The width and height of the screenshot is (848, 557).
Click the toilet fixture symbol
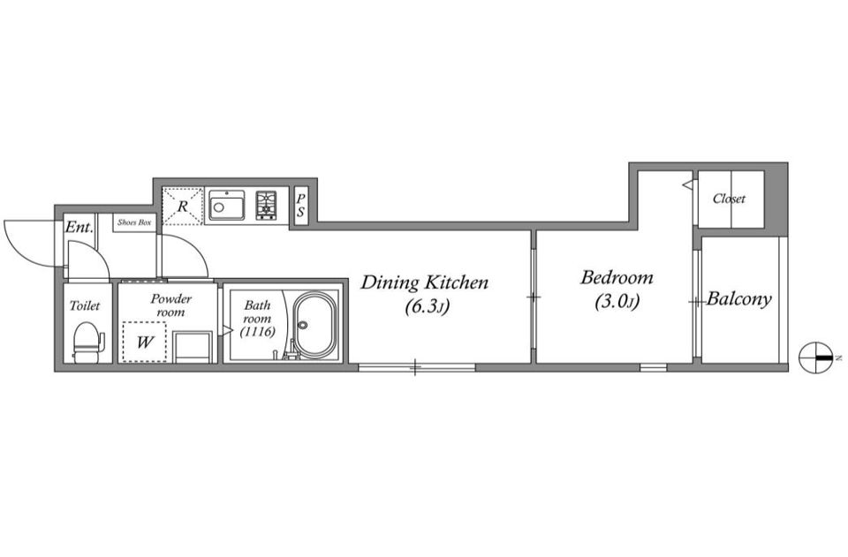(x=87, y=342)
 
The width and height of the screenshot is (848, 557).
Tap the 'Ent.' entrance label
(x=79, y=227)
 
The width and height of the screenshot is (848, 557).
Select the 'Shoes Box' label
(x=134, y=222)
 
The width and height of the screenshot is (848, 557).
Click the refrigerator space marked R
(x=182, y=206)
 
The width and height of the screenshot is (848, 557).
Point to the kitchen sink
(x=227, y=206)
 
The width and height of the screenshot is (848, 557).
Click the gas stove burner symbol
(x=266, y=206)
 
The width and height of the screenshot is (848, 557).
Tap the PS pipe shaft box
(x=300, y=206)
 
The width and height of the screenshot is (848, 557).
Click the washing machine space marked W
(x=144, y=342)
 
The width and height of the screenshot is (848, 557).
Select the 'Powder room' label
(x=170, y=305)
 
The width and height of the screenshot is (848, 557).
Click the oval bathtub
(x=314, y=326)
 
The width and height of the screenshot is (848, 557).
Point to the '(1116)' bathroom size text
(x=257, y=332)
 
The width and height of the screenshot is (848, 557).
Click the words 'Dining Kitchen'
(x=425, y=282)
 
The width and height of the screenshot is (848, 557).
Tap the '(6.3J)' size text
(x=428, y=307)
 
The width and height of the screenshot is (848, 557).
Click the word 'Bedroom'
(x=617, y=278)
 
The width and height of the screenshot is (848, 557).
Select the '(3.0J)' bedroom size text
(x=617, y=302)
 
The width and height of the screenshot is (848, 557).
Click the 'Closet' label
(x=729, y=199)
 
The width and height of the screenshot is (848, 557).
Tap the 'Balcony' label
(x=738, y=298)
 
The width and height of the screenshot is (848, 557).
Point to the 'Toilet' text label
(x=85, y=305)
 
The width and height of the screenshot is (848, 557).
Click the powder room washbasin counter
(x=193, y=348)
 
